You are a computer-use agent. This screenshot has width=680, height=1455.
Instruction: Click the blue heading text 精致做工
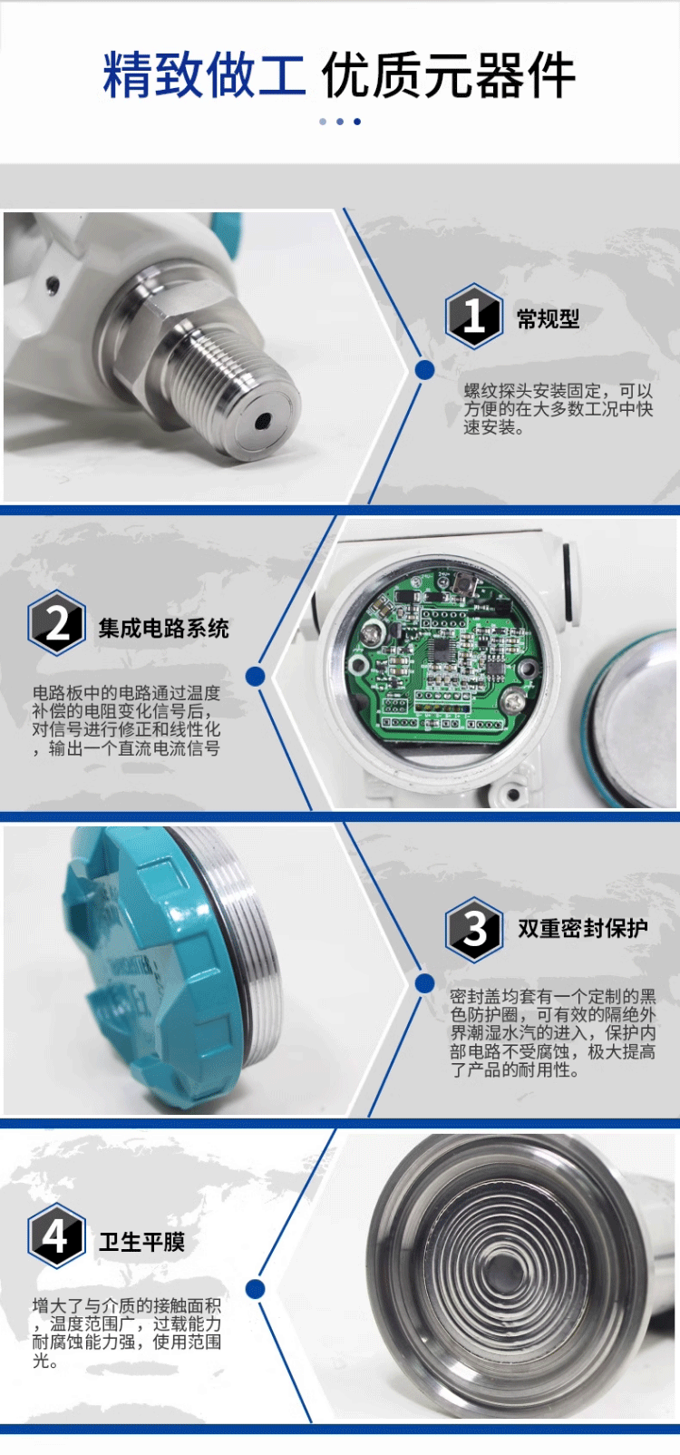[204, 75]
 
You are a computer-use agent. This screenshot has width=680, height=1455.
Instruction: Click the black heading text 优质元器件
[448, 75]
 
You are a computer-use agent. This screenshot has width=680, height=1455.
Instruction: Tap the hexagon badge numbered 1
[474, 317]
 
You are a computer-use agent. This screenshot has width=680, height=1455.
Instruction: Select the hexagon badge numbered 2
[57, 623]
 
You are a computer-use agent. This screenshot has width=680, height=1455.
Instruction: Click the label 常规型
[548, 319]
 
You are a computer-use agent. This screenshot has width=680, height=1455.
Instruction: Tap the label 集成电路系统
[164, 628]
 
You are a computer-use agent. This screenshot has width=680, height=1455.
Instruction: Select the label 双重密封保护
[583, 928]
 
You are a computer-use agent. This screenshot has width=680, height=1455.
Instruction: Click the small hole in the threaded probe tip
[263, 421]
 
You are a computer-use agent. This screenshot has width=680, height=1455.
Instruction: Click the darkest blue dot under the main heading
[357, 122]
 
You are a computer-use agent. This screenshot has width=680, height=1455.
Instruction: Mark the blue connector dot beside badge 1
[424, 370]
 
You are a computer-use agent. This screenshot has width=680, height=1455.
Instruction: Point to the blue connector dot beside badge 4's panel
[256, 1290]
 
